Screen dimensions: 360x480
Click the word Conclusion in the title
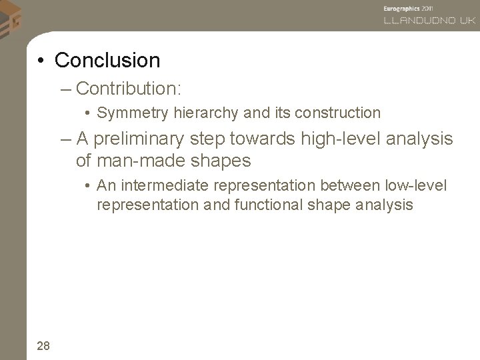(107, 60)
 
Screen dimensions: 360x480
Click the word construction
(339, 113)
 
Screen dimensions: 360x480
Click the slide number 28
(43, 345)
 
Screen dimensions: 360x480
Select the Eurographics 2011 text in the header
(409, 7)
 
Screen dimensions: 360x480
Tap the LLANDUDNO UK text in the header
(429, 21)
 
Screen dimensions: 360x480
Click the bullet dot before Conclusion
(41, 61)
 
